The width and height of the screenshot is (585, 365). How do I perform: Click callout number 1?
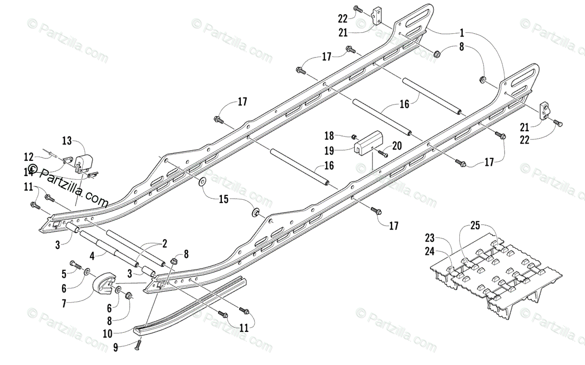tap(462, 34)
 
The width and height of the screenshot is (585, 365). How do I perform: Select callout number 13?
tap(67, 141)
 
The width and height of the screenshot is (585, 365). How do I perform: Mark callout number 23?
tap(429, 238)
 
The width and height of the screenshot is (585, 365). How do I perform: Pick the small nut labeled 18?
tap(355, 135)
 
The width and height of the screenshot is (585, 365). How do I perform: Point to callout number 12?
tap(29, 157)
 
